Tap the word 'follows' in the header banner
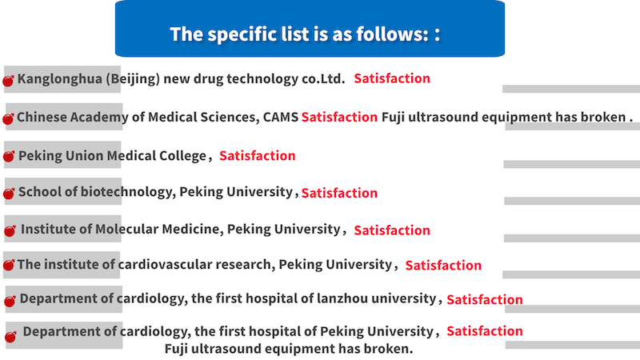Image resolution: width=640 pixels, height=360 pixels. point(392,34)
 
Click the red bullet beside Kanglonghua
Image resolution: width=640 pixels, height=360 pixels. point(8,81)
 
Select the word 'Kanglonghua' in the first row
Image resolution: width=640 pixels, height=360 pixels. point(59,78)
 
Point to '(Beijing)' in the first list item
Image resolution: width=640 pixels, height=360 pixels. point(133,78)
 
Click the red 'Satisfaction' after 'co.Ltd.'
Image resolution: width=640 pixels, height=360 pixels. point(392,78)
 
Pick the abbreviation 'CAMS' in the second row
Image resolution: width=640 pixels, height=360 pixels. point(281,117)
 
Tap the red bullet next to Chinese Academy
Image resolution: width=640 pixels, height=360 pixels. point(8,118)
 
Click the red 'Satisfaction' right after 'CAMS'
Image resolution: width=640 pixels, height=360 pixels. point(339,117)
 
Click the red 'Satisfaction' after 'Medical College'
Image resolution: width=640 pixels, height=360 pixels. point(257,156)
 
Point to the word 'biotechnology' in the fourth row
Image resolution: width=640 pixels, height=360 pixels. point(126,192)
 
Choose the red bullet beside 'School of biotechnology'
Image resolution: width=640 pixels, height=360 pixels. point(9,193)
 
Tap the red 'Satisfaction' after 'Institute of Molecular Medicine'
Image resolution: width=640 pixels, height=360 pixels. point(392,230)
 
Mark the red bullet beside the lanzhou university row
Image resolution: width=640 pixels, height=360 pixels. point(10,302)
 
